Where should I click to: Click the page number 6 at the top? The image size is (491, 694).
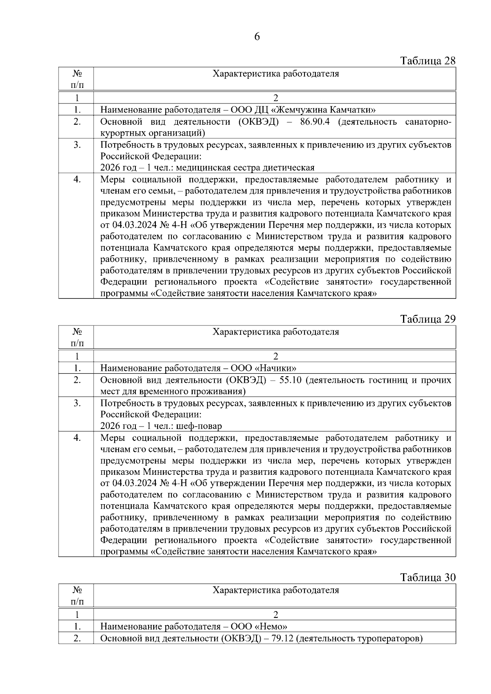(257, 37)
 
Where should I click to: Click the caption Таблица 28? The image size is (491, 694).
(428, 61)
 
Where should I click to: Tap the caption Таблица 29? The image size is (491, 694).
(428, 319)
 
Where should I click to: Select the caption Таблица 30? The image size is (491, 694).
(428, 577)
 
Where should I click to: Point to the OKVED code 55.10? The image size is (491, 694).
(291, 380)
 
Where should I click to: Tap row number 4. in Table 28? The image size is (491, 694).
(77, 180)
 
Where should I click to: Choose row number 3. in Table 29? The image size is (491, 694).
(77, 403)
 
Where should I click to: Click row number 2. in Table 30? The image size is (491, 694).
(77, 638)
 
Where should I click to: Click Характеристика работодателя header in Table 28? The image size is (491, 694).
(275, 74)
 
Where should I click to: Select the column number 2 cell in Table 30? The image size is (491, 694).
(275, 615)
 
